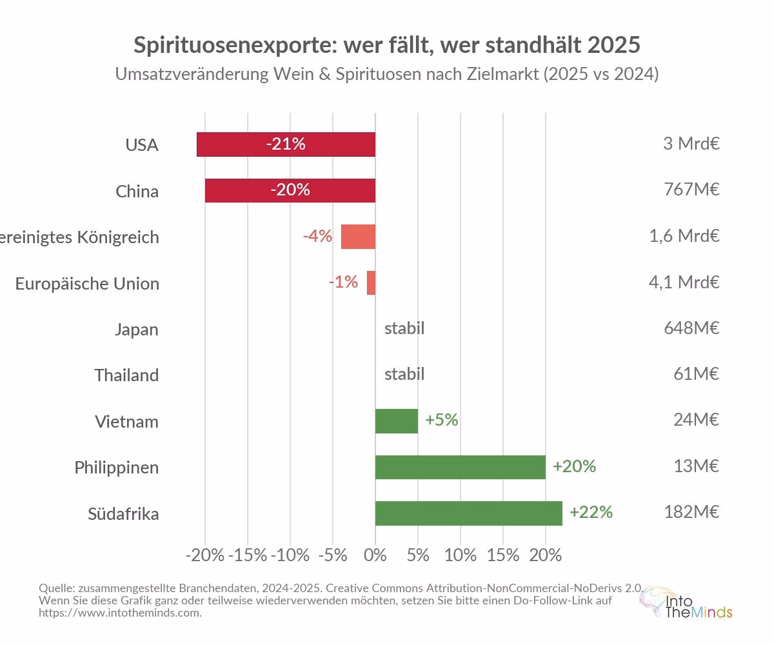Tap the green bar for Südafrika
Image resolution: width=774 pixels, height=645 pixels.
tap(468, 513)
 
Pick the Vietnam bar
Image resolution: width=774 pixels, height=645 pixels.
tap(396, 421)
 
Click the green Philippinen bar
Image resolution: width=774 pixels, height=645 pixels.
tap(460, 467)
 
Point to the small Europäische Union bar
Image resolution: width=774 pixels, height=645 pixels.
tap(371, 283)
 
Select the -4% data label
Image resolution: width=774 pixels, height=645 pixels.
tap(317, 236)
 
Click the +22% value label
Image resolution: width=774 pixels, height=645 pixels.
tap(591, 513)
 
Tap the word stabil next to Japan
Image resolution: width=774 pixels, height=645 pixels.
tap(404, 328)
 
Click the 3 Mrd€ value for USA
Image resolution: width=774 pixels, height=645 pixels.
tap(691, 144)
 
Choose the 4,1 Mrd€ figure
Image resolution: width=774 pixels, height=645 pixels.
tap(684, 283)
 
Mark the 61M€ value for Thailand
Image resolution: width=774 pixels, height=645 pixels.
tap(695, 374)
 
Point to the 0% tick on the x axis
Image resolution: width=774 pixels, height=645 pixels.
tap(375, 555)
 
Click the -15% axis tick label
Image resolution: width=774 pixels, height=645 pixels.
tap(248, 555)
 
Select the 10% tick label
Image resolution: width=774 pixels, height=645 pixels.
tap(461, 555)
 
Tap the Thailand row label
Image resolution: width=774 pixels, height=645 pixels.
tap(126, 375)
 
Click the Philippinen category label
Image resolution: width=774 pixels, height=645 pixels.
tap(116, 468)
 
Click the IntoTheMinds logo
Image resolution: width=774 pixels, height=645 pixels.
tap(686, 603)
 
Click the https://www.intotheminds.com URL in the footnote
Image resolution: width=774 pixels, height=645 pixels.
tap(120, 613)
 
